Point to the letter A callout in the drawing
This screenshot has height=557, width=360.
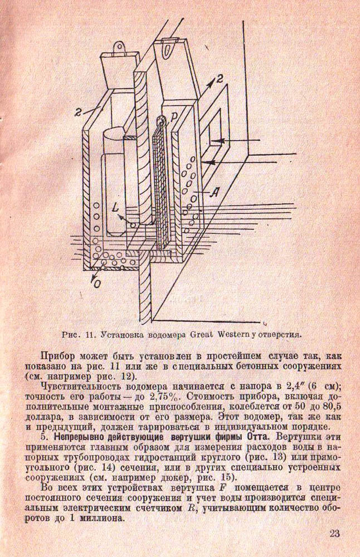tap(215, 192)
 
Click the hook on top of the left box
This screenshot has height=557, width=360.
tap(119, 48)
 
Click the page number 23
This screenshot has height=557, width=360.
tap(334, 534)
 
